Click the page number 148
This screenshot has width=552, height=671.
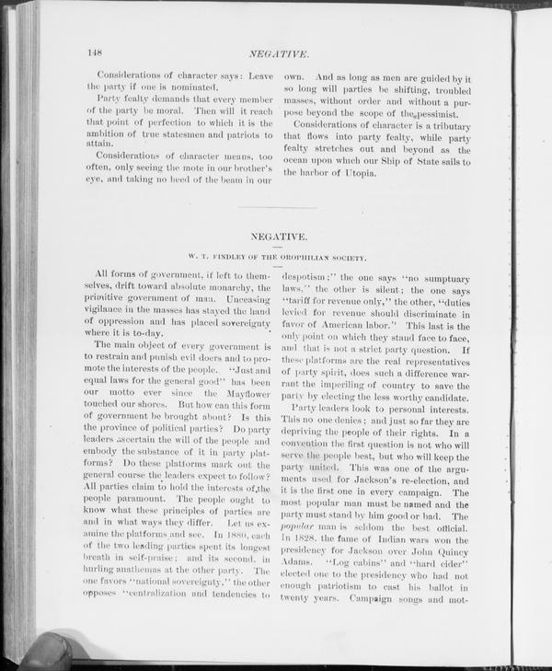tap(94, 52)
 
